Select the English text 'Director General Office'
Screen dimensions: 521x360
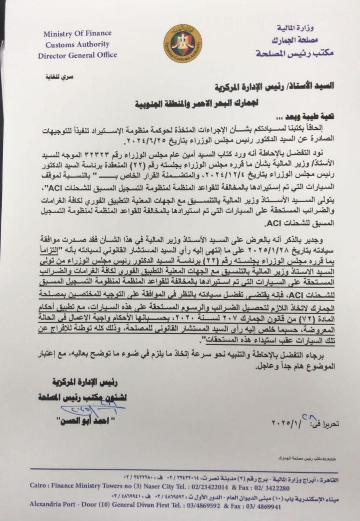(77, 55)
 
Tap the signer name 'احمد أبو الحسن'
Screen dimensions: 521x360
(85, 420)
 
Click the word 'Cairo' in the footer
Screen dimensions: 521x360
(39, 486)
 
